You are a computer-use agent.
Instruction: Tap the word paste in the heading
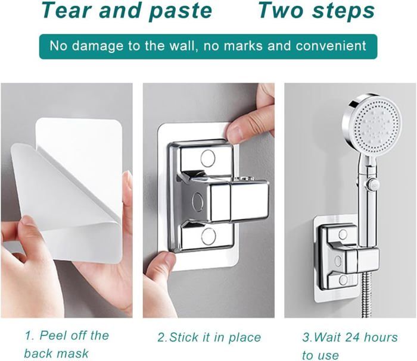click(181, 11)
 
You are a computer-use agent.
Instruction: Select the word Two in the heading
click(281, 11)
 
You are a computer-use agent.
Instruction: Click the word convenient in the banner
click(331, 46)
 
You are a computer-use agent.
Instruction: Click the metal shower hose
click(366, 294)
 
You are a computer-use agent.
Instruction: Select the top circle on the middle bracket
click(208, 158)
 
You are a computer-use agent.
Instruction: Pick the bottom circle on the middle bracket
click(208, 237)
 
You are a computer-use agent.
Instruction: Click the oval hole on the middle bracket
click(198, 200)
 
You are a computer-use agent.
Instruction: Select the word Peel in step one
click(54, 335)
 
